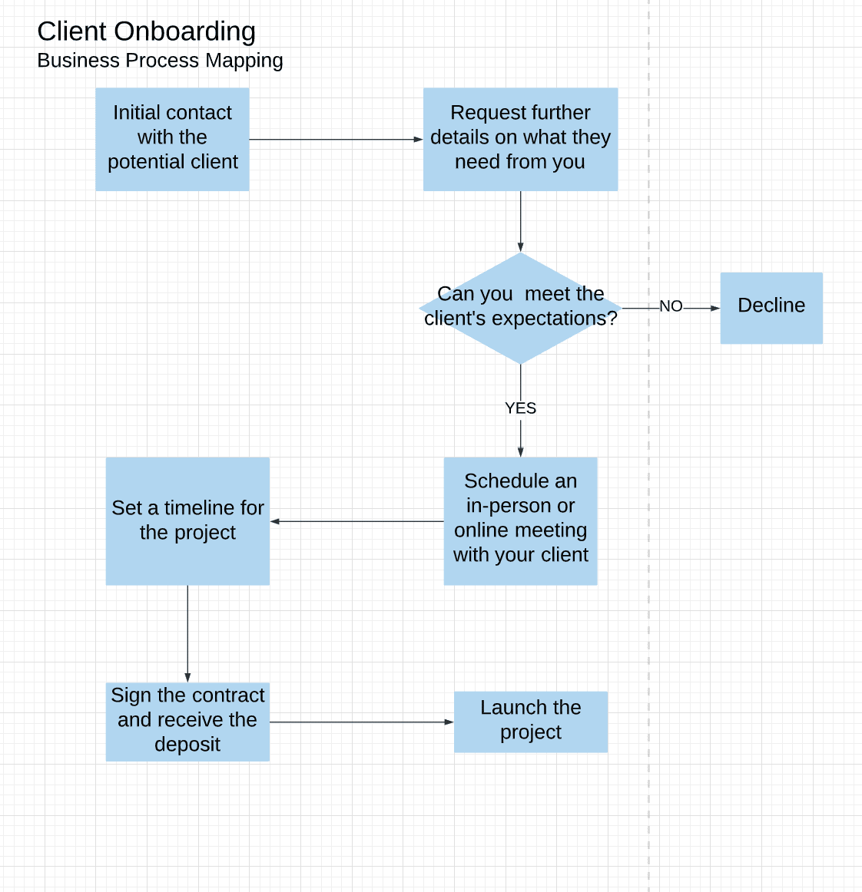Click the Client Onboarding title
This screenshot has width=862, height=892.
(x=146, y=31)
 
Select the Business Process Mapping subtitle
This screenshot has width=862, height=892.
(x=160, y=61)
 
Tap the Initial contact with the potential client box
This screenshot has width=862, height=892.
(x=172, y=139)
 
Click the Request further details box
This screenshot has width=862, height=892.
(x=520, y=139)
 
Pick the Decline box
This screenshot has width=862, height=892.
(x=771, y=308)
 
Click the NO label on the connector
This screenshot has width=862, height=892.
(x=671, y=306)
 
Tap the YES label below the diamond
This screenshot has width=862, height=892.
(x=520, y=408)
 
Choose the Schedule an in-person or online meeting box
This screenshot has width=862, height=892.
(x=520, y=520)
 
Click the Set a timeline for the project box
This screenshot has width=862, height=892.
(x=187, y=520)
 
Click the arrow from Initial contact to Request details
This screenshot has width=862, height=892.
(x=336, y=140)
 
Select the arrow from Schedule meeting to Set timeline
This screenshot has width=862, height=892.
(x=357, y=521)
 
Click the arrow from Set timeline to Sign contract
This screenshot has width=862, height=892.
(x=187, y=633)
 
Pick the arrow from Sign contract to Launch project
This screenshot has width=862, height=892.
(x=361, y=722)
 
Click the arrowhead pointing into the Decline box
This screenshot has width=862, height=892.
(x=715, y=308)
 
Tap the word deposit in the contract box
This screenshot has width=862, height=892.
(x=187, y=745)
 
